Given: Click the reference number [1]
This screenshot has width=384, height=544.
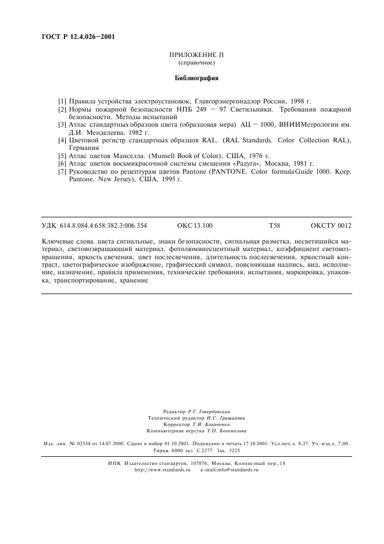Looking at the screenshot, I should coord(62,101).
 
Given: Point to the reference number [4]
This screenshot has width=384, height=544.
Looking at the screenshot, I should coord(62,140).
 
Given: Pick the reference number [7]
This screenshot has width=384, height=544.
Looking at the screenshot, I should coord(62,172).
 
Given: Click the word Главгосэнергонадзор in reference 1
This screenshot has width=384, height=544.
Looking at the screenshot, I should coord(243,101).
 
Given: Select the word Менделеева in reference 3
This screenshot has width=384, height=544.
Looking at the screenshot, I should coord(105,133).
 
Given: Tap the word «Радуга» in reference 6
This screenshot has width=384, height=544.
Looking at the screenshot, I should coord(246,164).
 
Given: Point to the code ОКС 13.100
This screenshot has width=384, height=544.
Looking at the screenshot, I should coord(195,225).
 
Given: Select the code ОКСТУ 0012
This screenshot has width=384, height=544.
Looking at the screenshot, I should coord(331,225).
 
